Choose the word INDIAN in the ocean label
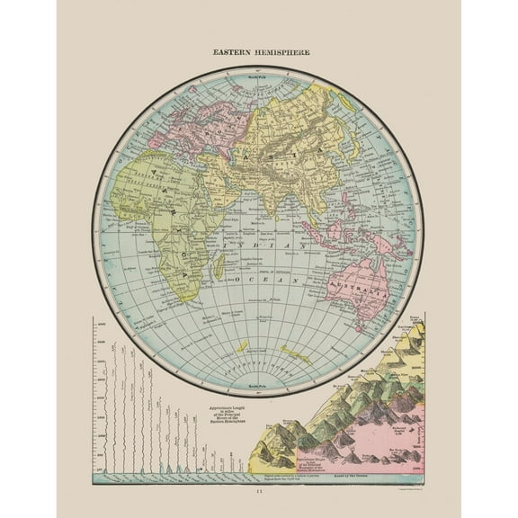pyautogui.click(x=270, y=239)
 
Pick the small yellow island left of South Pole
pyautogui.click(x=240, y=347)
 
